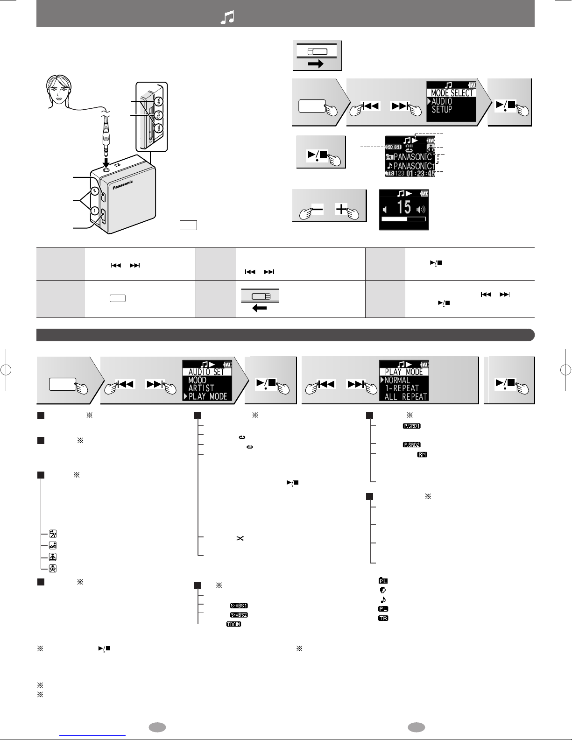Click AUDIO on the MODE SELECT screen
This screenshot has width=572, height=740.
tap(442, 101)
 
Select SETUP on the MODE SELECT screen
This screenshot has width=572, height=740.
tap(442, 110)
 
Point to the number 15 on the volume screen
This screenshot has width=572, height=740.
tap(403, 206)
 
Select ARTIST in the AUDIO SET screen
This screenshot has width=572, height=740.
tap(201, 388)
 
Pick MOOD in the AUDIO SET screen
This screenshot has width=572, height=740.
tap(198, 380)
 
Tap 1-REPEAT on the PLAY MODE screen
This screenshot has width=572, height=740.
tap(402, 388)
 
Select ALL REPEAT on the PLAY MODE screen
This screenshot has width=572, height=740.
tap(405, 396)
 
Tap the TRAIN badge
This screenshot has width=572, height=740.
tap(233, 624)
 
